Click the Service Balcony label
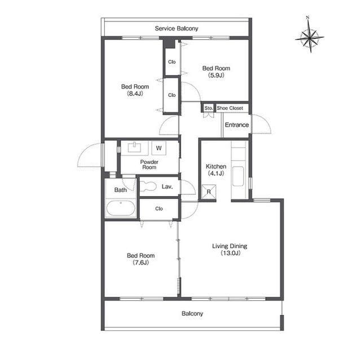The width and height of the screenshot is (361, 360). tap(177, 29)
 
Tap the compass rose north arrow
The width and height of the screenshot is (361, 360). tap(310, 34)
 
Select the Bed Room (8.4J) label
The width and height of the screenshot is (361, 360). tap(135, 90)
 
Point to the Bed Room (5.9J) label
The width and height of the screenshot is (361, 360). tap(216, 72)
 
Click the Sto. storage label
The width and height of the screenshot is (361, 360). tap(209, 108)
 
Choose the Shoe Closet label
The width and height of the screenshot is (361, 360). tap(230, 108)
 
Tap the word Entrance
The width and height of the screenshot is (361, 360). tap(237, 125)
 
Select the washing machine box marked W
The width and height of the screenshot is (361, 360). tap(159, 148)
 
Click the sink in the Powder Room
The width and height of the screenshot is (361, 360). tap(134, 147)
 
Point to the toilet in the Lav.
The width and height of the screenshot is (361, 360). tap(147, 186)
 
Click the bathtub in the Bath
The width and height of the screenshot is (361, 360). tap(121, 208)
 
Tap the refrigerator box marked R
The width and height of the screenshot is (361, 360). tap(209, 192)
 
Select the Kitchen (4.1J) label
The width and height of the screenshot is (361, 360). tap(216, 170)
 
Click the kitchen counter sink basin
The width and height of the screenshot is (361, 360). tap(238, 176)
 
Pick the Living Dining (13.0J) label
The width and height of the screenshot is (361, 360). tap(230, 250)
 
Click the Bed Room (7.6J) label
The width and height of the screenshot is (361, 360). tap(140, 259)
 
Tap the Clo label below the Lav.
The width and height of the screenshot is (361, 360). tap(159, 208)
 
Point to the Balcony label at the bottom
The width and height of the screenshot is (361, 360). tap(192, 313)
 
